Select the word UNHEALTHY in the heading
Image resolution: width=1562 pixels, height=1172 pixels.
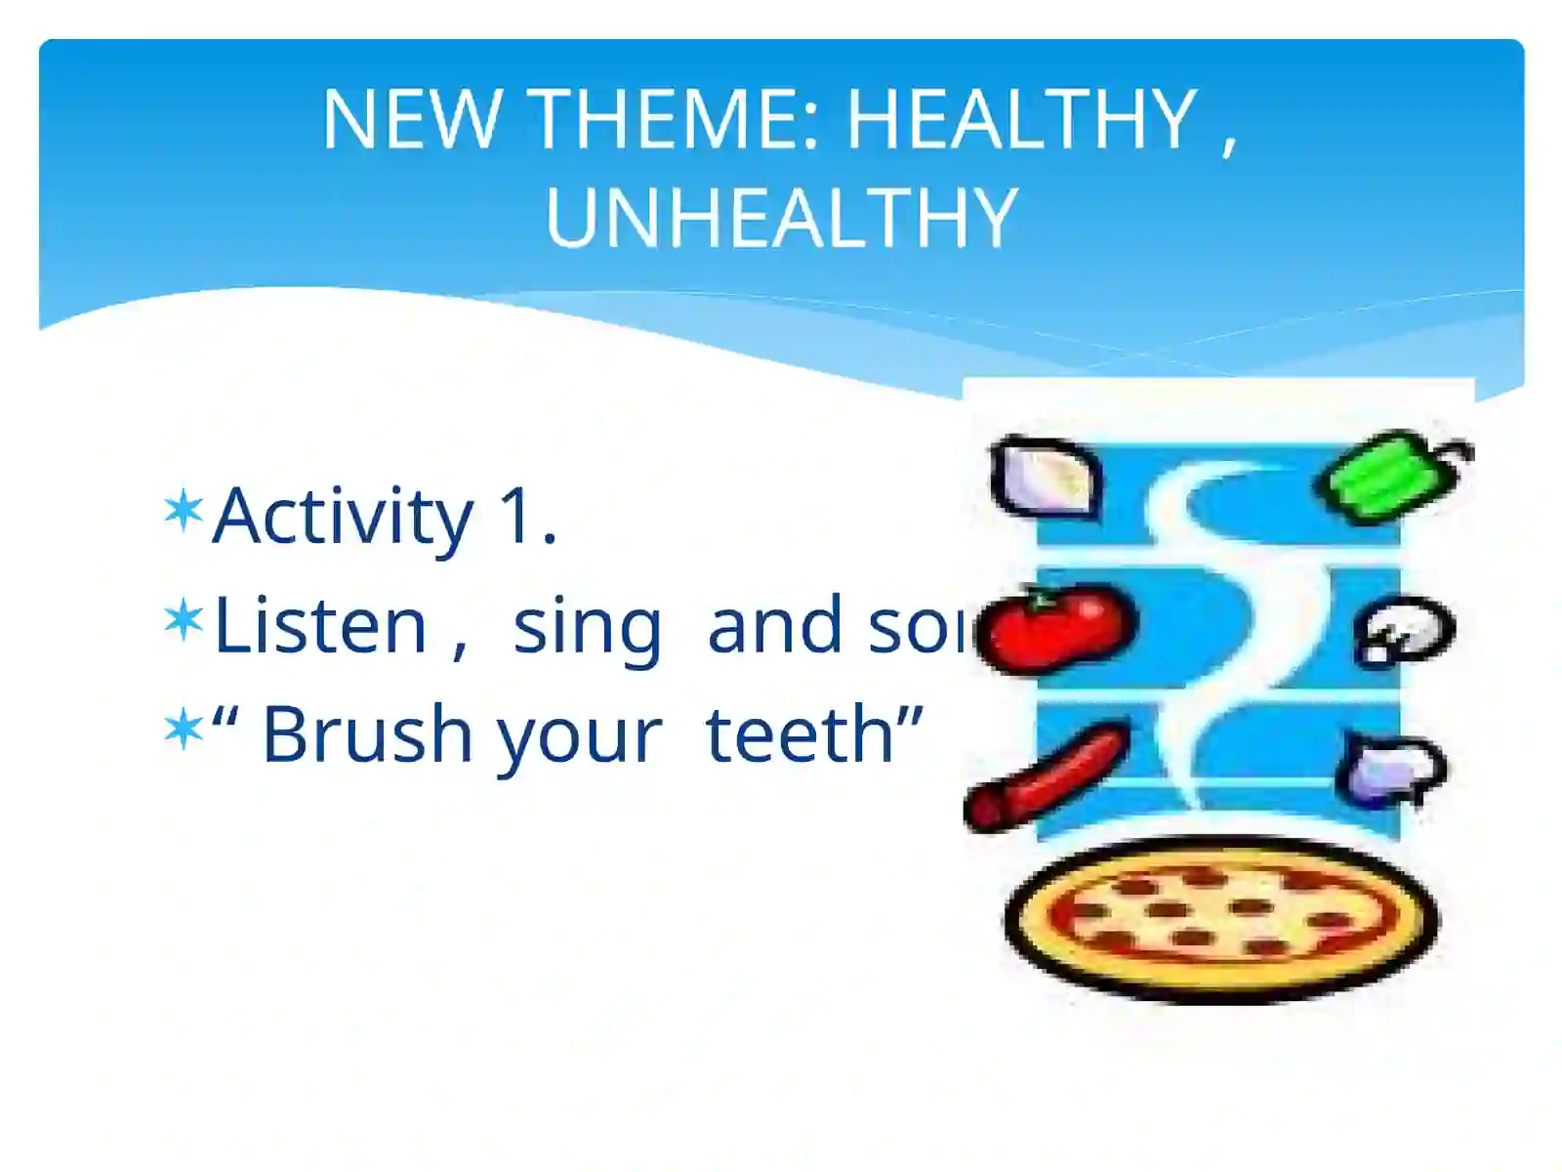click(781, 217)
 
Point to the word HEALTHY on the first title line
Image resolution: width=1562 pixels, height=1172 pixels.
click(1021, 119)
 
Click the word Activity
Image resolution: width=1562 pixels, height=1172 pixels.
click(343, 517)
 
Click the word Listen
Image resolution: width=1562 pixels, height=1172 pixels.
click(320, 625)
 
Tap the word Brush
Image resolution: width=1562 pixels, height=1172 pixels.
click(366, 734)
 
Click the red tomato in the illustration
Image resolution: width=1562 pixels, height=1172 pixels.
click(1056, 627)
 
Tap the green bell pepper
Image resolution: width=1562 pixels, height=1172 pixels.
click(1391, 475)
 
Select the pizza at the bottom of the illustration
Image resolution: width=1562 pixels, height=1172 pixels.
click(1220, 918)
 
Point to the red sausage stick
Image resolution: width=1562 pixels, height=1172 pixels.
click(1047, 776)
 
